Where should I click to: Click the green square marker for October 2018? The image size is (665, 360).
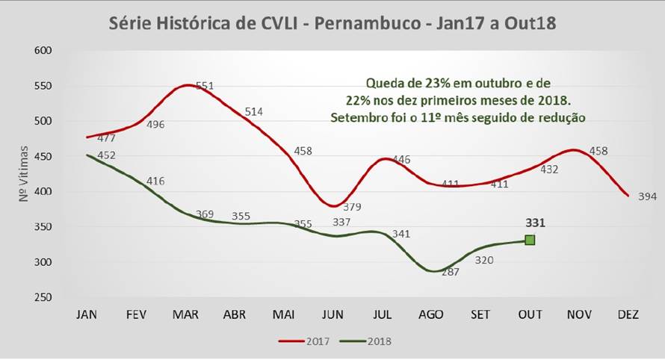530,240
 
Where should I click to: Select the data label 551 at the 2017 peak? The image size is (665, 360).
205,86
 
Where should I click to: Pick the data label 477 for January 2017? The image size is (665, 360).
106,138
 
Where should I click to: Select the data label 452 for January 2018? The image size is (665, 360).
106,155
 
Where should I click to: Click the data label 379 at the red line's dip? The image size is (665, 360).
355,207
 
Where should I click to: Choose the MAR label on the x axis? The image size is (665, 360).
185,314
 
